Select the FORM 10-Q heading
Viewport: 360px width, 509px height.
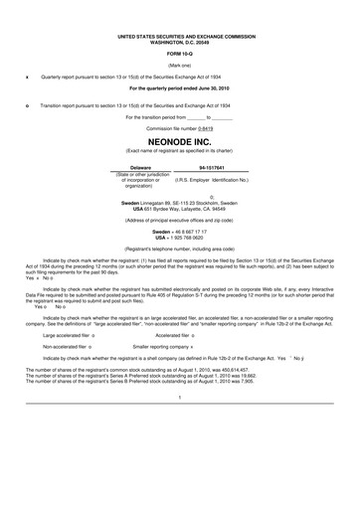(179, 52)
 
